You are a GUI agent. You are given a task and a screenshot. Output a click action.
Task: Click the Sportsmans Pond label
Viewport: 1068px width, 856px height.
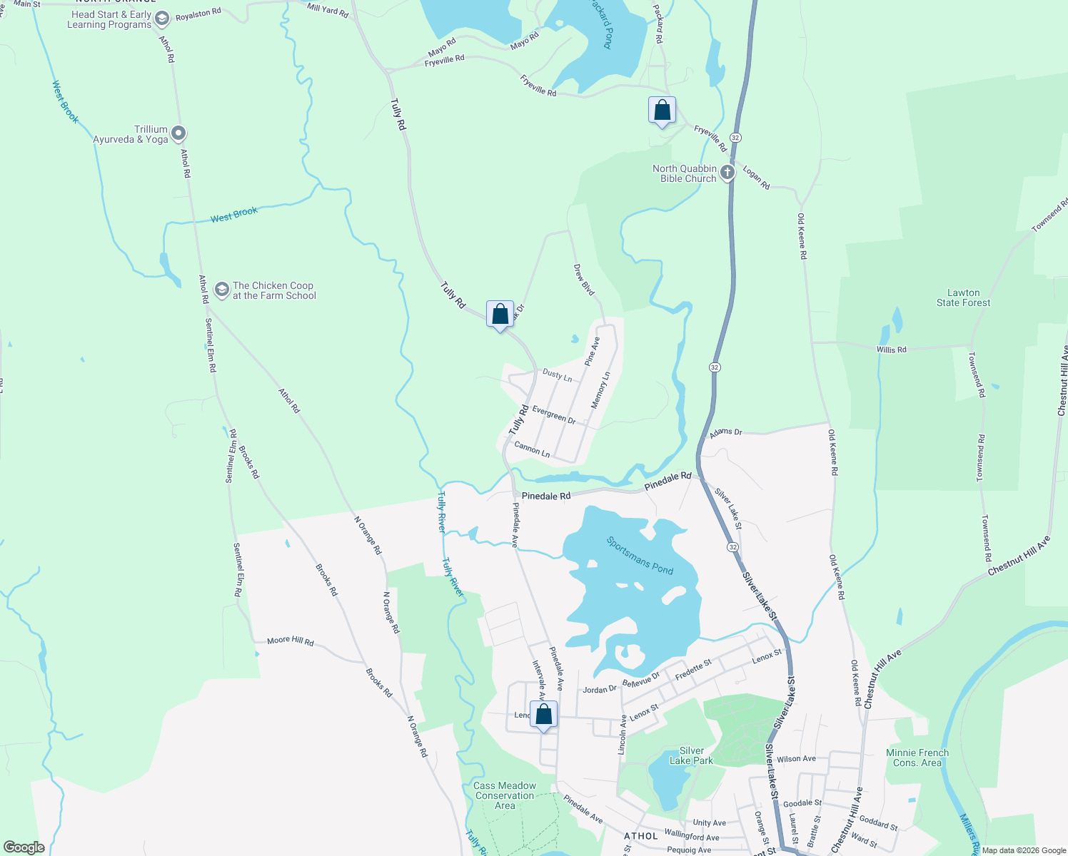(x=640, y=555)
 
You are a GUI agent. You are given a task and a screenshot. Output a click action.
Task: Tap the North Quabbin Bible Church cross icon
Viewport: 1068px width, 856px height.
(x=727, y=173)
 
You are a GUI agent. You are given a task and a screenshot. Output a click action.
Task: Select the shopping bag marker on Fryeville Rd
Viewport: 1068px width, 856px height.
(x=662, y=111)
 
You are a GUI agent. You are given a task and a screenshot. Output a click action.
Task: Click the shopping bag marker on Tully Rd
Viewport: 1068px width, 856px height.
(x=500, y=314)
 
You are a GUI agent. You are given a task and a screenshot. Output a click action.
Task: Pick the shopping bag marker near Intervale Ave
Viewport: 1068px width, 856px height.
(x=543, y=714)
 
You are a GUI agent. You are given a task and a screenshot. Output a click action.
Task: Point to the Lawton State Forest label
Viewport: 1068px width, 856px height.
(x=963, y=297)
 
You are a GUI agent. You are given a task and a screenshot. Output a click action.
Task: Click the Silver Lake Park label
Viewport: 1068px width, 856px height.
(x=691, y=755)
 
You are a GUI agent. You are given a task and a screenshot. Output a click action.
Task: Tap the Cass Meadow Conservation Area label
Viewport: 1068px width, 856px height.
(x=505, y=795)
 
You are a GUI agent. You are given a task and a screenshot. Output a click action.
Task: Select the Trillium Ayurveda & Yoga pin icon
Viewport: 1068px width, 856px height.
(x=178, y=133)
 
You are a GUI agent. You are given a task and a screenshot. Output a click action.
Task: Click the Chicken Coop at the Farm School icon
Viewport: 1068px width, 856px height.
(x=221, y=289)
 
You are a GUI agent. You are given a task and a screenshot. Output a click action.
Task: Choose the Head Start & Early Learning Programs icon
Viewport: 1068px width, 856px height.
(x=162, y=19)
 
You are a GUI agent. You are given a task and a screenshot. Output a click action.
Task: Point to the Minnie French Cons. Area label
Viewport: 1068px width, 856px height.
(x=917, y=758)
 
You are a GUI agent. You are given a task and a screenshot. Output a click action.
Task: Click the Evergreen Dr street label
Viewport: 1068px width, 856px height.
(x=554, y=414)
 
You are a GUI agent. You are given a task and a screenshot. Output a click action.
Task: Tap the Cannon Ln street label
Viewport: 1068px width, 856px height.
(x=532, y=449)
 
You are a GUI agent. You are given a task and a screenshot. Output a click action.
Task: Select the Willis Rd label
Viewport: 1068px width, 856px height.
(x=891, y=350)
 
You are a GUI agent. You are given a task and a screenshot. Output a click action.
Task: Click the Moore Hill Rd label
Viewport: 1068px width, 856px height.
(x=290, y=641)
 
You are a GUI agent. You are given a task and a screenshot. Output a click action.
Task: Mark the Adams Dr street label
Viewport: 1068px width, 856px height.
(x=725, y=432)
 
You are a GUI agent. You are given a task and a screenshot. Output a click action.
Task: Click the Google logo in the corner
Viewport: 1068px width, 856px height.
(x=24, y=847)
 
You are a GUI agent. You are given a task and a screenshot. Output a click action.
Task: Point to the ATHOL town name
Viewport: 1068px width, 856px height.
(x=640, y=836)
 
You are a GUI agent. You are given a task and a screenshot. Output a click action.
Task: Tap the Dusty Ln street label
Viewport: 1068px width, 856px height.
(x=557, y=374)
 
